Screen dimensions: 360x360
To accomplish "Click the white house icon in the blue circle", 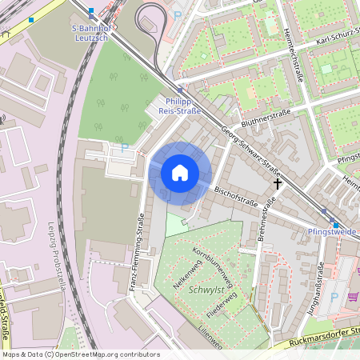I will (180, 173).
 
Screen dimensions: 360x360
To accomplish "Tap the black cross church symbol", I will (278, 184).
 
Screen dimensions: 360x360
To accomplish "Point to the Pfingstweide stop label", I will (331, 230).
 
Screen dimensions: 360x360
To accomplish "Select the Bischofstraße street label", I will (236, 198).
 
